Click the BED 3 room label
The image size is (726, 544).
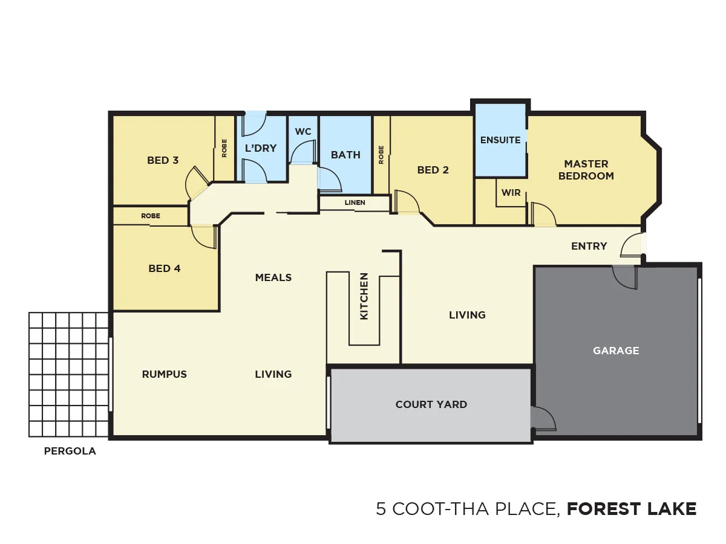click(x=163, y=160)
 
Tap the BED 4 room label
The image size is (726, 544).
click(x=165, y=268)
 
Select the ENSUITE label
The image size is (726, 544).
click(x=500, y=140)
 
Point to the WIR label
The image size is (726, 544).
click(x=511, y=193)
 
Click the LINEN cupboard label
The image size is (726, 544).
click(x=355, y=202)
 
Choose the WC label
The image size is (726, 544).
click(x=303, y=132)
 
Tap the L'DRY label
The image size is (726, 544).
click(x=261, y=148)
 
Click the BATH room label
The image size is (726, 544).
click(x=345, y=155)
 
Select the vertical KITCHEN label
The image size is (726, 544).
click(x=364, y=296)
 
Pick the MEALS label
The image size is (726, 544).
click(x=273, y=277)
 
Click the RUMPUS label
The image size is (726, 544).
click(x=165, y=374)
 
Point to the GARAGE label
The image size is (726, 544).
click(x=616, y=350)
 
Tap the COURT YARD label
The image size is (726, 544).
click(x=431, y=404)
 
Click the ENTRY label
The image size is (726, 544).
click(x=589, y=246)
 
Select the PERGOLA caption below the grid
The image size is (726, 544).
click(x=70, y=451)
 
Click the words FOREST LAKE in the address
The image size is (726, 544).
click(x=632, y=509)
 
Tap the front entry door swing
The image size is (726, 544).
click(x=630, y=246)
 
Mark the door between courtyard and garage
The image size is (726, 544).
click(x=542, y=418)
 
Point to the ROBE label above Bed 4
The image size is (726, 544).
click(x=151, y=216)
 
